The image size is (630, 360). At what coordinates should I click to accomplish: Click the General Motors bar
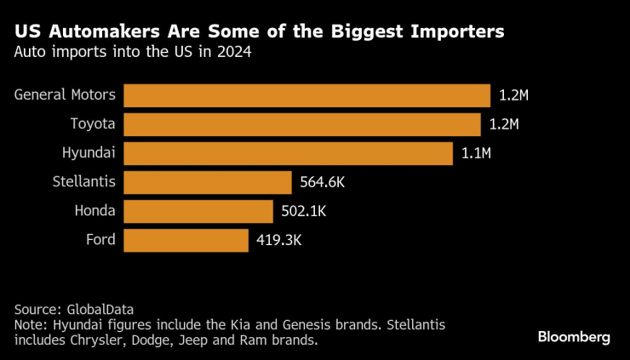pyautogui.click(x=306, y=94)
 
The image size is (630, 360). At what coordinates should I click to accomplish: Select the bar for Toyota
pyautogui.click(x=302, y=124)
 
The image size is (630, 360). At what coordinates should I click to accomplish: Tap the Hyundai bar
pyautogui.click(x=288, y=153)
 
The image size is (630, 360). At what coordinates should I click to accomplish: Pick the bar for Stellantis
pyautogui.click(x=208, y=182)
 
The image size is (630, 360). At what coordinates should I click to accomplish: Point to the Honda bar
pyautogui.click(x=198, y=211)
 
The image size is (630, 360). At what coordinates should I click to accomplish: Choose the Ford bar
pyautogui.click(x=186, y=240)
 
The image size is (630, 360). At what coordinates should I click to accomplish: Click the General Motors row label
pyautogui.click(x=65, y=94)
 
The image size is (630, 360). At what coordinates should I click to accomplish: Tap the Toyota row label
pyautogui.click(x=92, y=124)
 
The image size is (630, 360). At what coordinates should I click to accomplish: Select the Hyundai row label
pyautogui.click(x=89, y=153)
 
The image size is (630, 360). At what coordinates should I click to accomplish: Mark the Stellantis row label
pyautogui.click(x=83, y=182)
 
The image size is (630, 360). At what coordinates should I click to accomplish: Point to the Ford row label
pyautogui.click(x=100, y=240)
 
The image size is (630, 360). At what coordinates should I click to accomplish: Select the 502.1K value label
pyautogui.click(x=302, y=211)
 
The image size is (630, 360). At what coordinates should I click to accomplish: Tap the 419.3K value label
pyautogui.click(x=279, y=240)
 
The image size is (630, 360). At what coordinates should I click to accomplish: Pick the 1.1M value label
pyautogui.click(x=476, y=153)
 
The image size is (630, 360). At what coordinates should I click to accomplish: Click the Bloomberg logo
pyautogui.click(x=574, y=337)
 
